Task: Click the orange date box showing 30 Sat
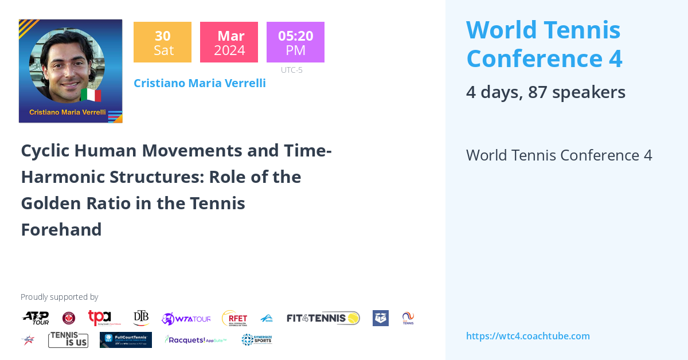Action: point(162,42)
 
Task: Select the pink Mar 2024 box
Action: point(229,42)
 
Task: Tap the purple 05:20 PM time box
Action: point(295,42)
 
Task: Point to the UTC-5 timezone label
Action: point(291,70)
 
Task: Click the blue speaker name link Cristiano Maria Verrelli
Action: point(200,83)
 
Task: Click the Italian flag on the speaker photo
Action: point(91,95)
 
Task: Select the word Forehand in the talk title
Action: point(61,229)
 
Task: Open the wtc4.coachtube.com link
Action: point(527,336)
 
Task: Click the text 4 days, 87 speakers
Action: point(545,92)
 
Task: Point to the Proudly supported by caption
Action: point(59,297)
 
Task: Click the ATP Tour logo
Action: point(36,318)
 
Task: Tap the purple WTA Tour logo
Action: point(186,319)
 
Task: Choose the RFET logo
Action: point(234,318)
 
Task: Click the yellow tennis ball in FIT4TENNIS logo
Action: point(353,318)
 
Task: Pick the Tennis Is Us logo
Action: point(68,339)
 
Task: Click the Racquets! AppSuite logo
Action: point(196,340)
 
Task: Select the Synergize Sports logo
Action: point(256,339)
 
